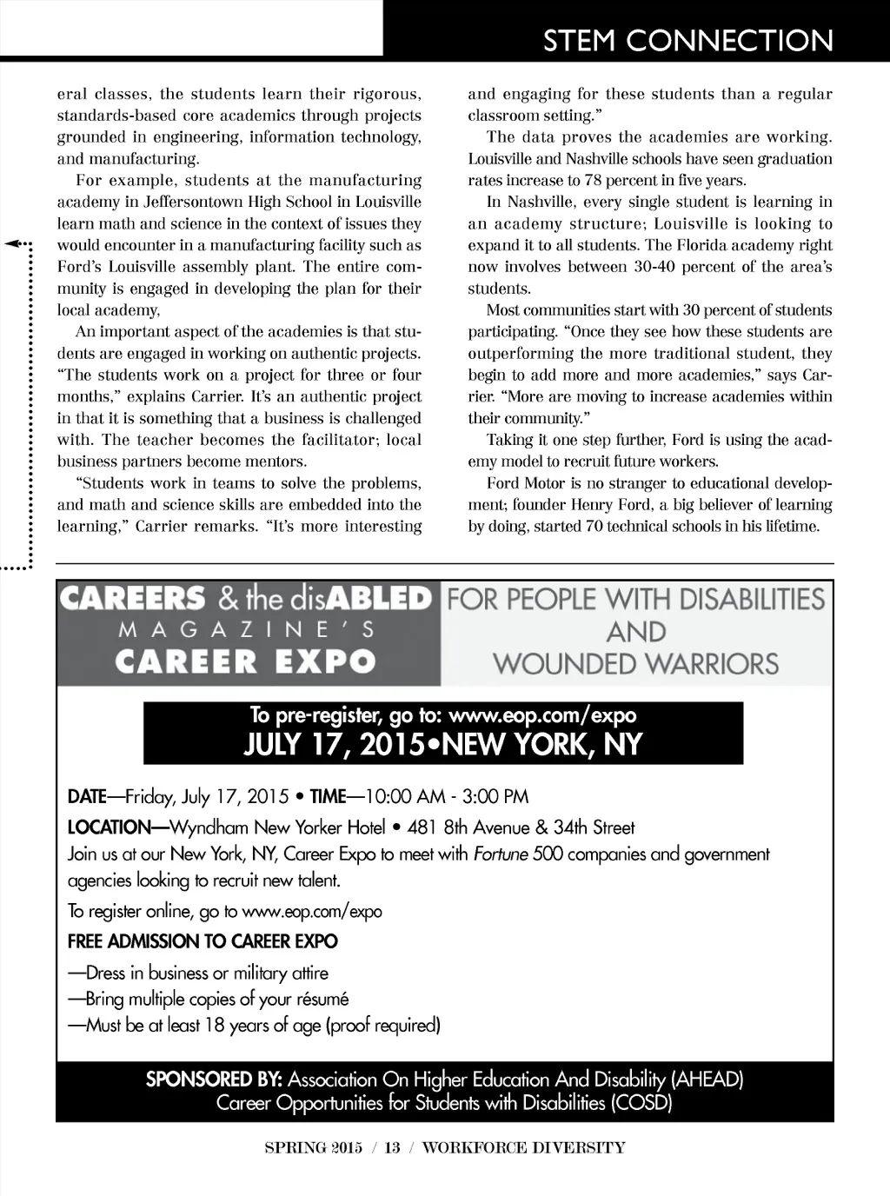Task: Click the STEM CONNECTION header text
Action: pyautogui.click(x=687, y=40)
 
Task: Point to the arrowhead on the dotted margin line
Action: pyautogui.click(x=15, y=244)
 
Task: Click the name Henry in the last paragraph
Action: pyautogui.click(x=591, y=504)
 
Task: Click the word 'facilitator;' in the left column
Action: pyautogui.click(x=335, y=440)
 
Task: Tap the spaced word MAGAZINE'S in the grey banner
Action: pyautogui.click(x=247, y=629)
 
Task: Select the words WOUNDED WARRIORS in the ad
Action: pyautogui.click(x=635, y=664)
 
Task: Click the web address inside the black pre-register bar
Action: pyautogui.click(x=543, y=715)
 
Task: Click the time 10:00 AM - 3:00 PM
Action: pyautogui.click(x=447, y=796)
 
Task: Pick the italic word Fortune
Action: pyautogui.click(x=501, y=854)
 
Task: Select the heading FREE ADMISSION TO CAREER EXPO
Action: pyautogui.click(x=203, y=941)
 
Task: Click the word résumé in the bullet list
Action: pyautogui.click(x=322, y=999)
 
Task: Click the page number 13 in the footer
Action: pyautogui.click(x=392, y=1147)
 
